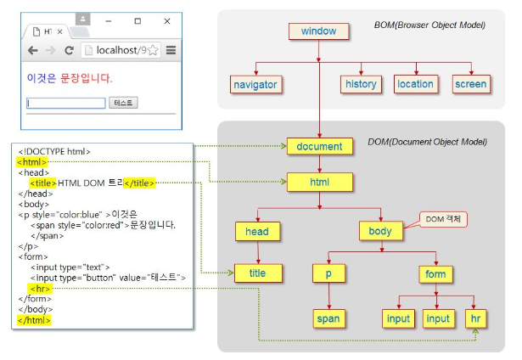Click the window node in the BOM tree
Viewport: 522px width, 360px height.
point(318,31)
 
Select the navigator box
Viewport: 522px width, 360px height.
point(255,84)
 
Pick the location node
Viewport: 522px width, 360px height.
point(415,84)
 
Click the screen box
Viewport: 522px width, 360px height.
point(470,84)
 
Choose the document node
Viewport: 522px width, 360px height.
point(319,147)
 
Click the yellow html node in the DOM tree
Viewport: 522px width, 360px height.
point(319,181)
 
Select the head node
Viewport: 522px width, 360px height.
point(257,230)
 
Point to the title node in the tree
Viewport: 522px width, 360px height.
point(257,273)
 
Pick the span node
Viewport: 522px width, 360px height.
point(328,319)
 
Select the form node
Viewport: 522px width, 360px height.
point(435,273)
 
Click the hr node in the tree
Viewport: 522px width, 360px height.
point(475,319)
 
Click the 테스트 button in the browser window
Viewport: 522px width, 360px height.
point(123,103)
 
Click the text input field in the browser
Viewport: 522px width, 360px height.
point(66,103)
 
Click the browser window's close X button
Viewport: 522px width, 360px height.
point(166,20)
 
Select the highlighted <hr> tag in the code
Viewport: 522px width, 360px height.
point(39,288)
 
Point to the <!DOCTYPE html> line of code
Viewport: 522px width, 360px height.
point(53,151)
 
